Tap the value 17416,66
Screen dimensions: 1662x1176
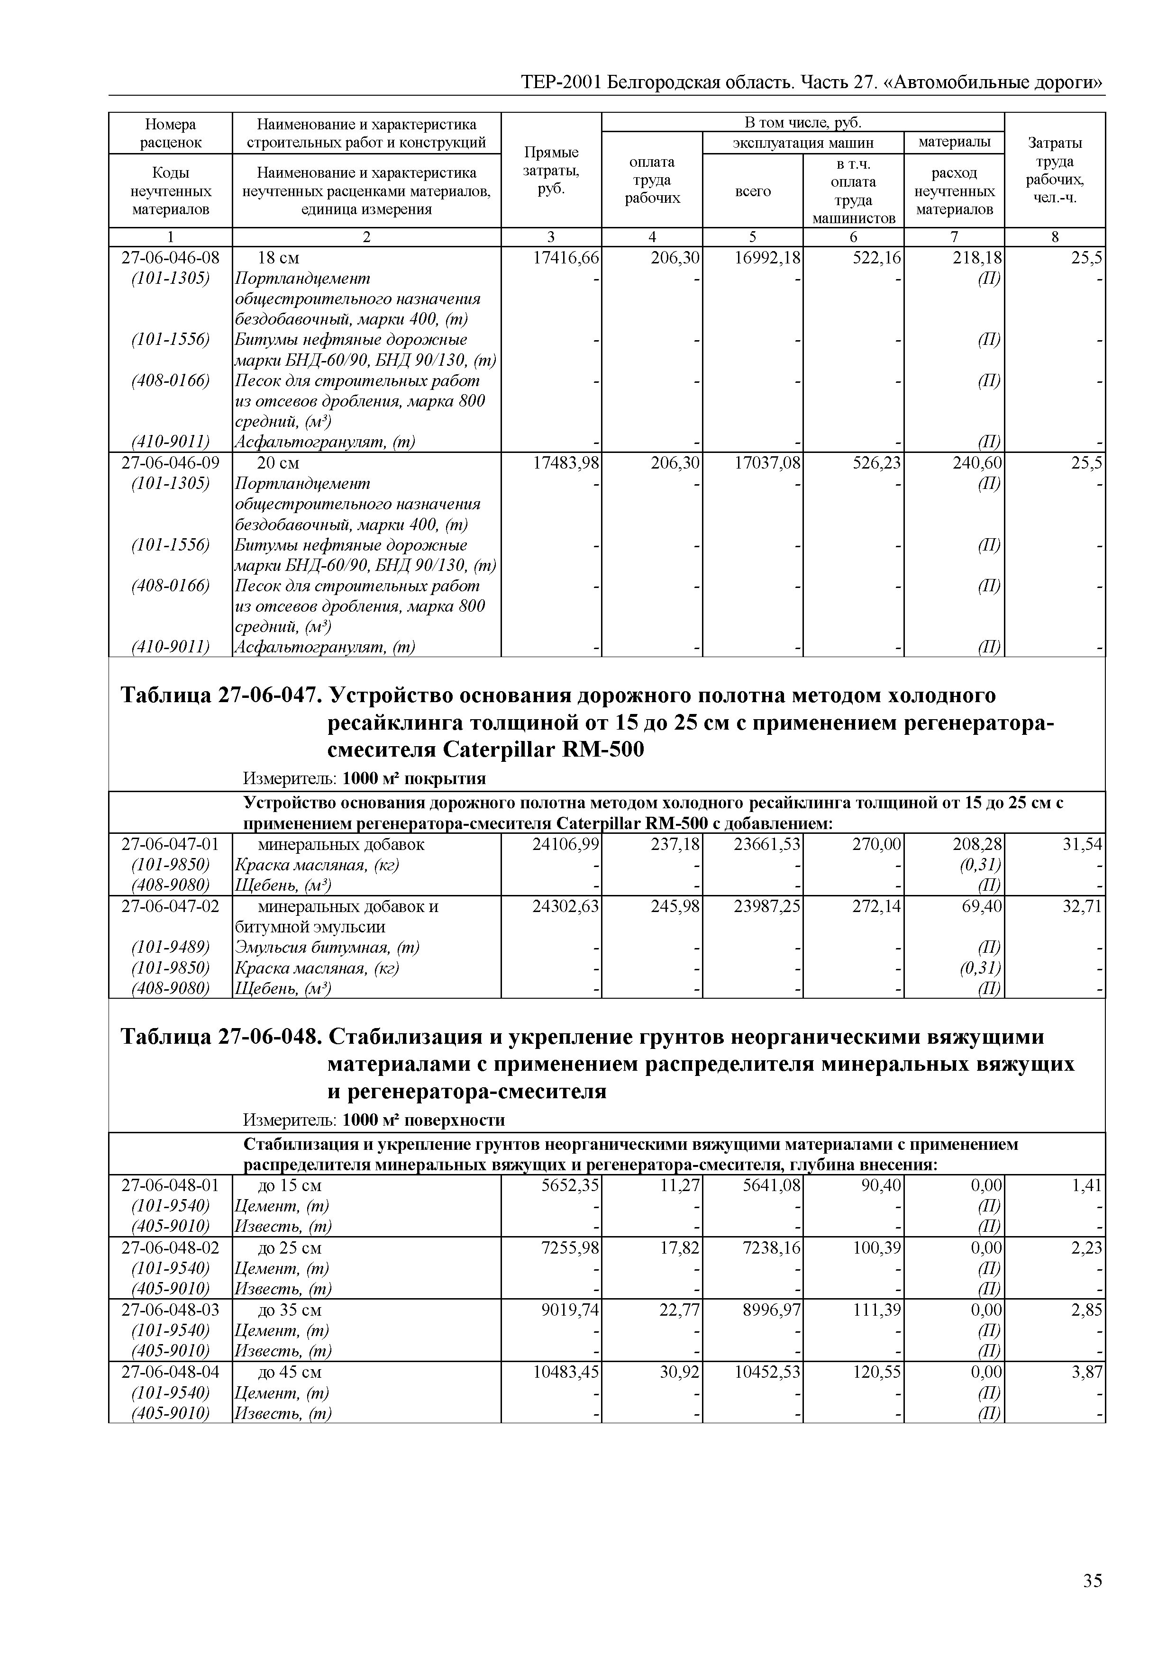565,258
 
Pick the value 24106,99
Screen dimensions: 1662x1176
565,844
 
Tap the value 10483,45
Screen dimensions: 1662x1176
565,1373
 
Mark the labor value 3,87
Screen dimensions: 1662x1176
1086,1373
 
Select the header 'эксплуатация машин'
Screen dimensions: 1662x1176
803,143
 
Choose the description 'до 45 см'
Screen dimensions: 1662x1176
290,1373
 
